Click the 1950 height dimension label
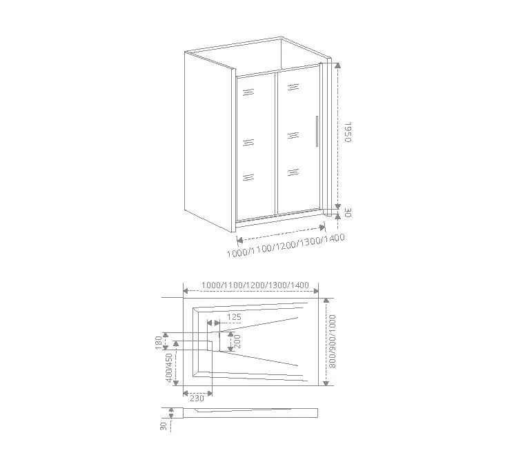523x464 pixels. [x=348, y=132]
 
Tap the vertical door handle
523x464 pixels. [x=317, y=131]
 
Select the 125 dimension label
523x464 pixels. [x=234, y=316]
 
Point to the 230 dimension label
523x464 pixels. [x=197, y=398]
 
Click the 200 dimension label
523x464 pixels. [x=237, y=341]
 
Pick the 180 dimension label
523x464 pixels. [x=159, y=343]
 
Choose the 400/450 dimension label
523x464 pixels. [x=169, y=367]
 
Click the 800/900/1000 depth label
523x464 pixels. [x=332, y=341]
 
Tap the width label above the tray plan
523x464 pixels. [x=255, y=285]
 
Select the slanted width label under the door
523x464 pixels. [x=286, y=245]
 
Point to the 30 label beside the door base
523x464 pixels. [x=348, y=212]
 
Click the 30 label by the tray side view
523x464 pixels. [x=164, y=426]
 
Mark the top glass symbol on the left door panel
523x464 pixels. [x=248, y=92]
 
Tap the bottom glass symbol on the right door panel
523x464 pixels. [x=293, y=172]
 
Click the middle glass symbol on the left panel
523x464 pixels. [x=248, y=143]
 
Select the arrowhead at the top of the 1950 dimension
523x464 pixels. [x=338, y=65]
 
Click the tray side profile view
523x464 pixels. [x=250, y=413]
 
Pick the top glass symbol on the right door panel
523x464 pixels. [x=293, y=88]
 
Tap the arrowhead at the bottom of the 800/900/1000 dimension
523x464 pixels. [x=326, y=383]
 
